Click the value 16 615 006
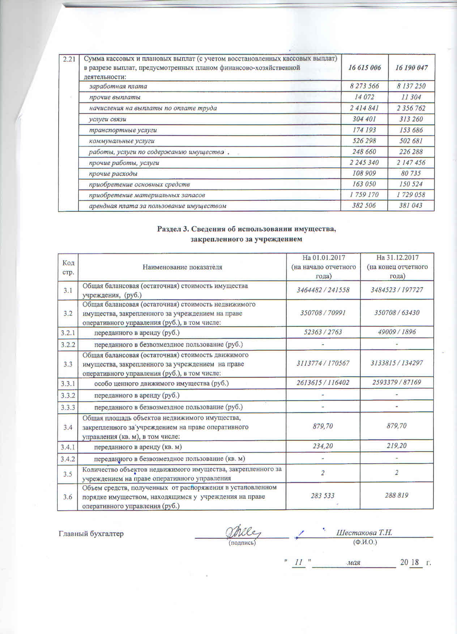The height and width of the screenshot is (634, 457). click(364, 68)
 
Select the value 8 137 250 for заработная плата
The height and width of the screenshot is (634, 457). click(411, 86)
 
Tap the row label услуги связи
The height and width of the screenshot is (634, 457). click(108, 119)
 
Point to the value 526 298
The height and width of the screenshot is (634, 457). click(364, 141)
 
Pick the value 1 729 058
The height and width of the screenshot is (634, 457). click(411, 195)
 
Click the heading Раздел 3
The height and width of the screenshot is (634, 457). click(247, 229)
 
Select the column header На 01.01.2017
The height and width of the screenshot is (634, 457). click(323, 258)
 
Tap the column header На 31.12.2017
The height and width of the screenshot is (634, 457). click(397, 258)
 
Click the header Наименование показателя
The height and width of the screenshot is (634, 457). click(182, 267)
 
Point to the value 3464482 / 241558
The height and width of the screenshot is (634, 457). click(323, 290)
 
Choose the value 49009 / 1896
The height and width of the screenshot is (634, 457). click(397, 332)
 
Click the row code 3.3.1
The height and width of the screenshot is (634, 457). click(68, 382)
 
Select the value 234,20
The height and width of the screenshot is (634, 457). click(323, 446)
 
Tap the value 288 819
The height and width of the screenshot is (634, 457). click(397, 495)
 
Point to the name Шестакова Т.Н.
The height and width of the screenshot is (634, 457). click(364, 532)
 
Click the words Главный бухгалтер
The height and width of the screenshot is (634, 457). click(91, 533)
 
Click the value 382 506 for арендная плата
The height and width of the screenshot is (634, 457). click(364, 206)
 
